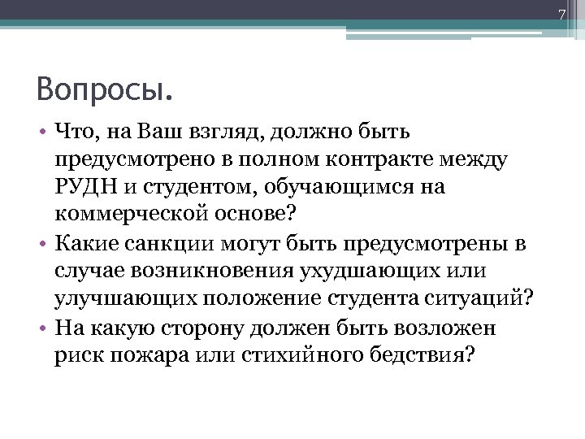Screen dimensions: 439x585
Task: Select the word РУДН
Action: click(x=87, y=186)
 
